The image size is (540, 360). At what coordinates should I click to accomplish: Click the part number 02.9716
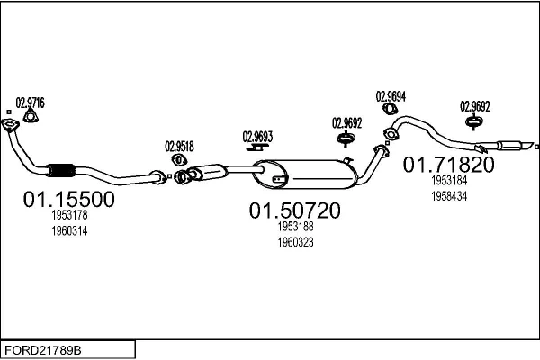point(31,103)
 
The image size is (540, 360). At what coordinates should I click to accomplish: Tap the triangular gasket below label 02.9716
point(31,115)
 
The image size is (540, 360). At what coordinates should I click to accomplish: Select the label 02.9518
point(179,146)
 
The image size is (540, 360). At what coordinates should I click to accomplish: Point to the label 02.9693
point(257,137)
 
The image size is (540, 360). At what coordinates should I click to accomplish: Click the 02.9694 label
point(391,96)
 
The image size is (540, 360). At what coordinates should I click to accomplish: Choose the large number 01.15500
point(68,200)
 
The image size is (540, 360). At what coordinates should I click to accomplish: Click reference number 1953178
point(68,217)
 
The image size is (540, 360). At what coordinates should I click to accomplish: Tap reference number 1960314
point(68,230)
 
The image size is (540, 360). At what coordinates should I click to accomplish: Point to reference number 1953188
point(295,229)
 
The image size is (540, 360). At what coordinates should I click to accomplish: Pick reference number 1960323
point(295,242)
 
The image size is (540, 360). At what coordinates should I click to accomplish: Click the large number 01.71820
point(448,165)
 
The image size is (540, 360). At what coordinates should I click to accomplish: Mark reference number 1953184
point(448,182)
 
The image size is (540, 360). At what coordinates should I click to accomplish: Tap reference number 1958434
point(448,195)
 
